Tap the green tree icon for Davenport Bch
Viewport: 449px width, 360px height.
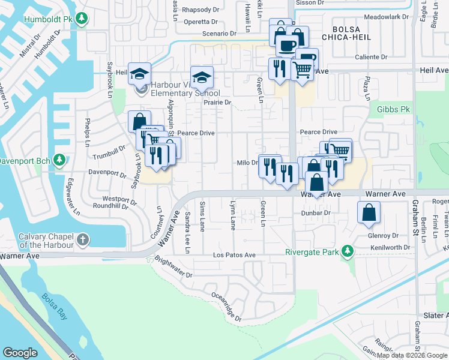click(59, 160)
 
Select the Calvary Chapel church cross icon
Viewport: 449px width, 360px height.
click(82, 241)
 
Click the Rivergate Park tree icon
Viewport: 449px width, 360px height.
click(346, 251)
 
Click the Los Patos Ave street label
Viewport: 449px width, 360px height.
click(235, 255)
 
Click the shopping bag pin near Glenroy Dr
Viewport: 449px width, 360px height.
click(369, 212)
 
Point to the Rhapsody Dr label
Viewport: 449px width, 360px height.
click(202, 10)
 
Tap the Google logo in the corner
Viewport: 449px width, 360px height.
click(20, 353)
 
